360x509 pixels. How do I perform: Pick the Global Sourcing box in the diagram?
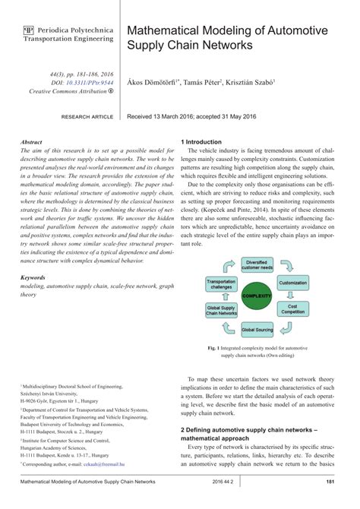257,330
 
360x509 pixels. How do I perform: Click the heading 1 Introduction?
201,142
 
